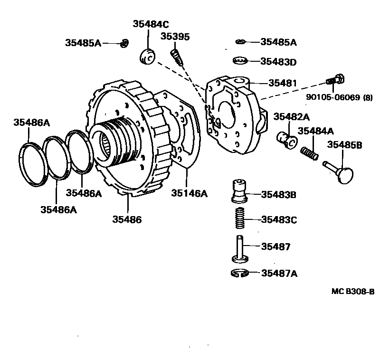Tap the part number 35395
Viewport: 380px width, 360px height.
point(174,36)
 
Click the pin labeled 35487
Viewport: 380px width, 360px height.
point(241,248)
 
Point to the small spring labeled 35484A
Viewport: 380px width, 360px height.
point(310,153)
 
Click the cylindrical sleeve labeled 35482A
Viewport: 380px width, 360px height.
point(287,138)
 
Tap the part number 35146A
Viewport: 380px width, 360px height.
point(190,193)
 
